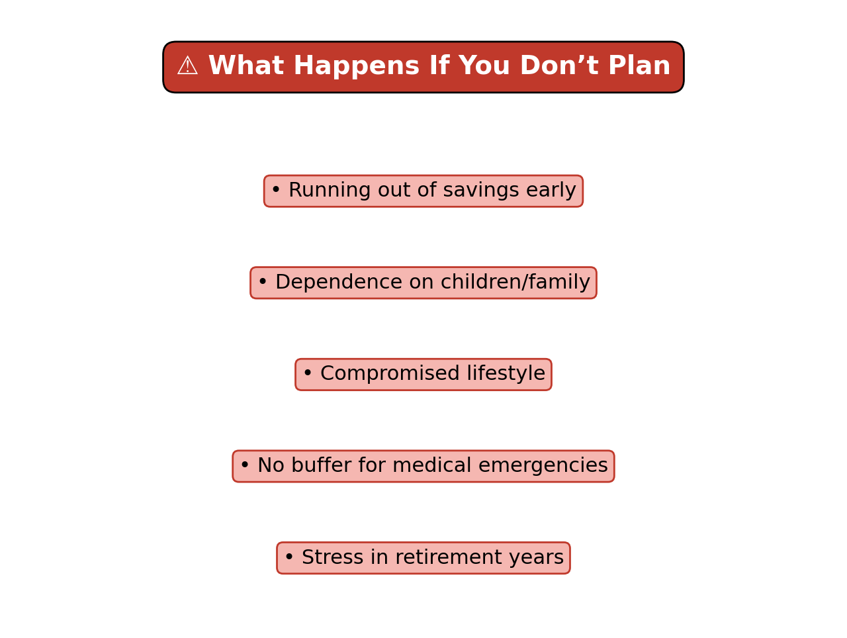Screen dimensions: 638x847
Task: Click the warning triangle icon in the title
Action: (x=187, y=66)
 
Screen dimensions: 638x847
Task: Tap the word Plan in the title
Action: (x=639, y=66)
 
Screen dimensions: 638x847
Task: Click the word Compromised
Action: (x=390, y=374)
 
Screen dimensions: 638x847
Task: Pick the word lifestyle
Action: (x=506, y=374)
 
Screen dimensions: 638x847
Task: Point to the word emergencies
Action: (x=543, y=466)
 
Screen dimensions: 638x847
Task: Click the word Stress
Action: (x=332, y=558)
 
